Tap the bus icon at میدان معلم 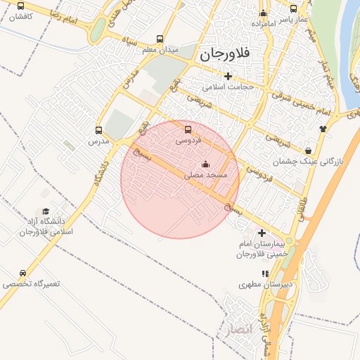tap(160, 39)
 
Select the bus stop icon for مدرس tap(98, 130)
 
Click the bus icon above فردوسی tap(187, 129)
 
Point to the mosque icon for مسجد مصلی tap(205, 165)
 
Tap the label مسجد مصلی tap(205, 175)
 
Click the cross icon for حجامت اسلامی tap(228, 76)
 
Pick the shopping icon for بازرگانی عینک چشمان tap(309, 150)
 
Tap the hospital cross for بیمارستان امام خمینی tap(262, 233)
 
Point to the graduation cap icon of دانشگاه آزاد tap(46, 212)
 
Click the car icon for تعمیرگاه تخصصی tap(22, 274)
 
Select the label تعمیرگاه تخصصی tap(32, 285)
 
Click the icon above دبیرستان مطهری tap(264, 274)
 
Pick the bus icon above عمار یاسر tap(294, 9)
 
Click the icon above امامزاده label tap(264, 13)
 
